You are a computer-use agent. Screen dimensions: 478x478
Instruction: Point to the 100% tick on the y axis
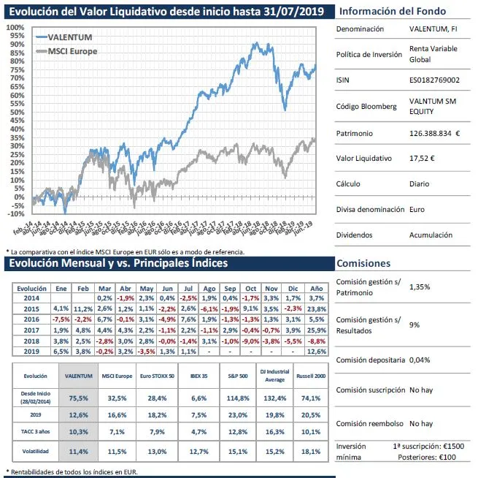14,27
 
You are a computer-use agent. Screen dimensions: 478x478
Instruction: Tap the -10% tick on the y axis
14,213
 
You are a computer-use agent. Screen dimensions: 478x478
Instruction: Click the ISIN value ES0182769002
435,80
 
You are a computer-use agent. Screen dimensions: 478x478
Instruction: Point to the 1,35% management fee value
421,287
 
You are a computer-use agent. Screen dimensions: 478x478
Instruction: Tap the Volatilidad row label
31,452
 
